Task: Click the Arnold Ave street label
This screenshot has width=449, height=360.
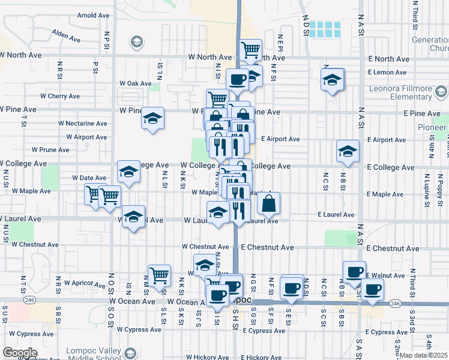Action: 93,15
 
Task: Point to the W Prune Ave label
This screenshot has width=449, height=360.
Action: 51,150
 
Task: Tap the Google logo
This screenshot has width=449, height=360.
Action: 19,353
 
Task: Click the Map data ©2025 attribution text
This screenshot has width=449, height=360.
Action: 424,355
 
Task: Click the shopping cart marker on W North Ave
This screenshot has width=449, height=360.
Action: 250,50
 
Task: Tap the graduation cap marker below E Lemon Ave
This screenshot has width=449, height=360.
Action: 332,80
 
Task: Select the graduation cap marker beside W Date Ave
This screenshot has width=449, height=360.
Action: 128,172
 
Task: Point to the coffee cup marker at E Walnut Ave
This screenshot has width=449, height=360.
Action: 354,271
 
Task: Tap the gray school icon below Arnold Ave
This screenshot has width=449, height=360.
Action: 136,41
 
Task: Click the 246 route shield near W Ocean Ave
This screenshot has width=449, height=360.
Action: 28,299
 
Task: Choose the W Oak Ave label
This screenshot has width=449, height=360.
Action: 135,83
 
